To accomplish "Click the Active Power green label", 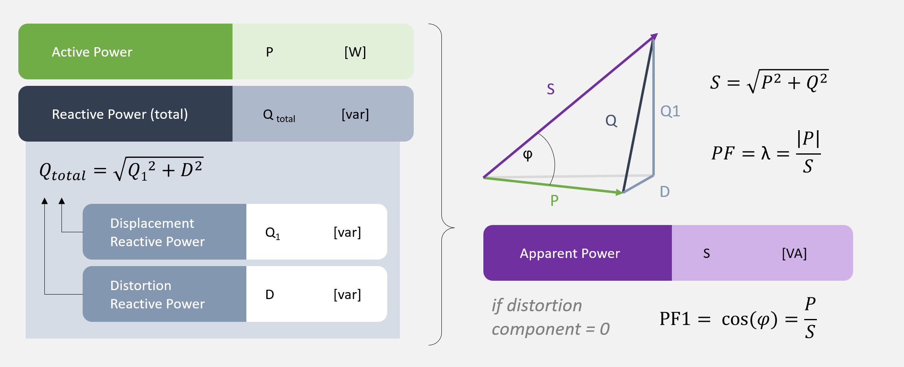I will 92,52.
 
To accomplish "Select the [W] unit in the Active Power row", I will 355,52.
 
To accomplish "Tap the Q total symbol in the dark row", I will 279,115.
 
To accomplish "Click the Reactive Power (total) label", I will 120,114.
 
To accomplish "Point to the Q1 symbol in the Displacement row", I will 272,233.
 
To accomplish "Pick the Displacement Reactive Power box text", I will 157,232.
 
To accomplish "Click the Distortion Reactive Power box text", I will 157,295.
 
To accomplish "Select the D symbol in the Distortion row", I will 270,295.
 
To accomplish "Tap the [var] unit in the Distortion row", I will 347,295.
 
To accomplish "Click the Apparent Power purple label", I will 570,253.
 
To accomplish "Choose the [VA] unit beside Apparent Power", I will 794,253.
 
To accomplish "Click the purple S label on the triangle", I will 551,89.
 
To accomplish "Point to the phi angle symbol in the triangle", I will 528,155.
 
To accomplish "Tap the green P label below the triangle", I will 554,201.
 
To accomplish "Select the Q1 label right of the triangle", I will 670,111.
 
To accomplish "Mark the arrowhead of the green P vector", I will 620,192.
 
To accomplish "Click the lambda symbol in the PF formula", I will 766,153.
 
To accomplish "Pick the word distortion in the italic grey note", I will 544,306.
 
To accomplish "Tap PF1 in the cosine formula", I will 675,319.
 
